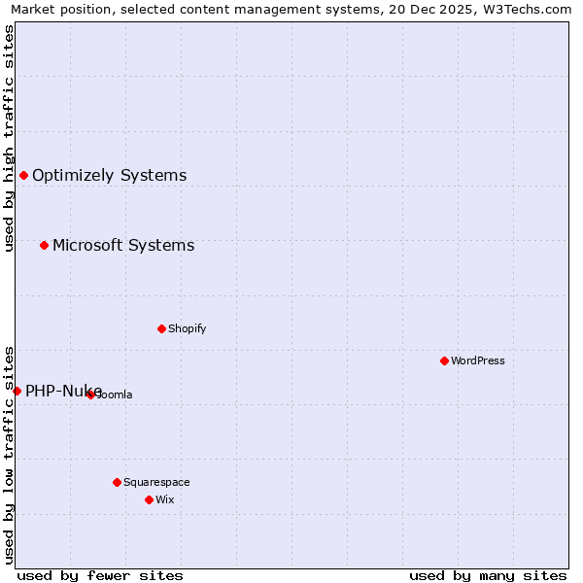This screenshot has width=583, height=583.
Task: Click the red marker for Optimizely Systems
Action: pos(23,175)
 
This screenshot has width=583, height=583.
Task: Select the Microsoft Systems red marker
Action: pos(44,245)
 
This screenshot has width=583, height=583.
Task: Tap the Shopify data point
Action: pos(161,328)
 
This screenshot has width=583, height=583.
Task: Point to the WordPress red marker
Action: pos(444,360)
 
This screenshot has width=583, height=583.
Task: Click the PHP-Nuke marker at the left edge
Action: pos(17,391)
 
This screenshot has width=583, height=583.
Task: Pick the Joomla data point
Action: pos(90,394)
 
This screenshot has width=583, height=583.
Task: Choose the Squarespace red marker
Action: pos(117,482)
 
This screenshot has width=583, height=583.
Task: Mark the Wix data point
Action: pos(149,499)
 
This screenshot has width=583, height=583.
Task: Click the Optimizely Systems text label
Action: pos(109,176)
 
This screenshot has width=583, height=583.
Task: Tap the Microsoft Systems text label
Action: pos(123,246)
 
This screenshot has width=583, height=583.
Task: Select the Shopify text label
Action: pos(188,328)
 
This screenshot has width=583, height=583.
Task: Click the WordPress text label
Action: pos(478,360)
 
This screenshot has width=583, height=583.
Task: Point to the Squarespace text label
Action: pos(156,482)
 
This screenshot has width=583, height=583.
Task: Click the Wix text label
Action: pos(164,499)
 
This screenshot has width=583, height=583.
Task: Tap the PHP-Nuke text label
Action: pos(62,392)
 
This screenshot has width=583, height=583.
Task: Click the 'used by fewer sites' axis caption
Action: pos(100,575)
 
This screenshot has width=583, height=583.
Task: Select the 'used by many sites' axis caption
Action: pos(488,575)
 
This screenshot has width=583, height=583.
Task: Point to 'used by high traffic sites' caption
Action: pos(9,138)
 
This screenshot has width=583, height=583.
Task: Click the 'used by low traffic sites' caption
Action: pos(9,455)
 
